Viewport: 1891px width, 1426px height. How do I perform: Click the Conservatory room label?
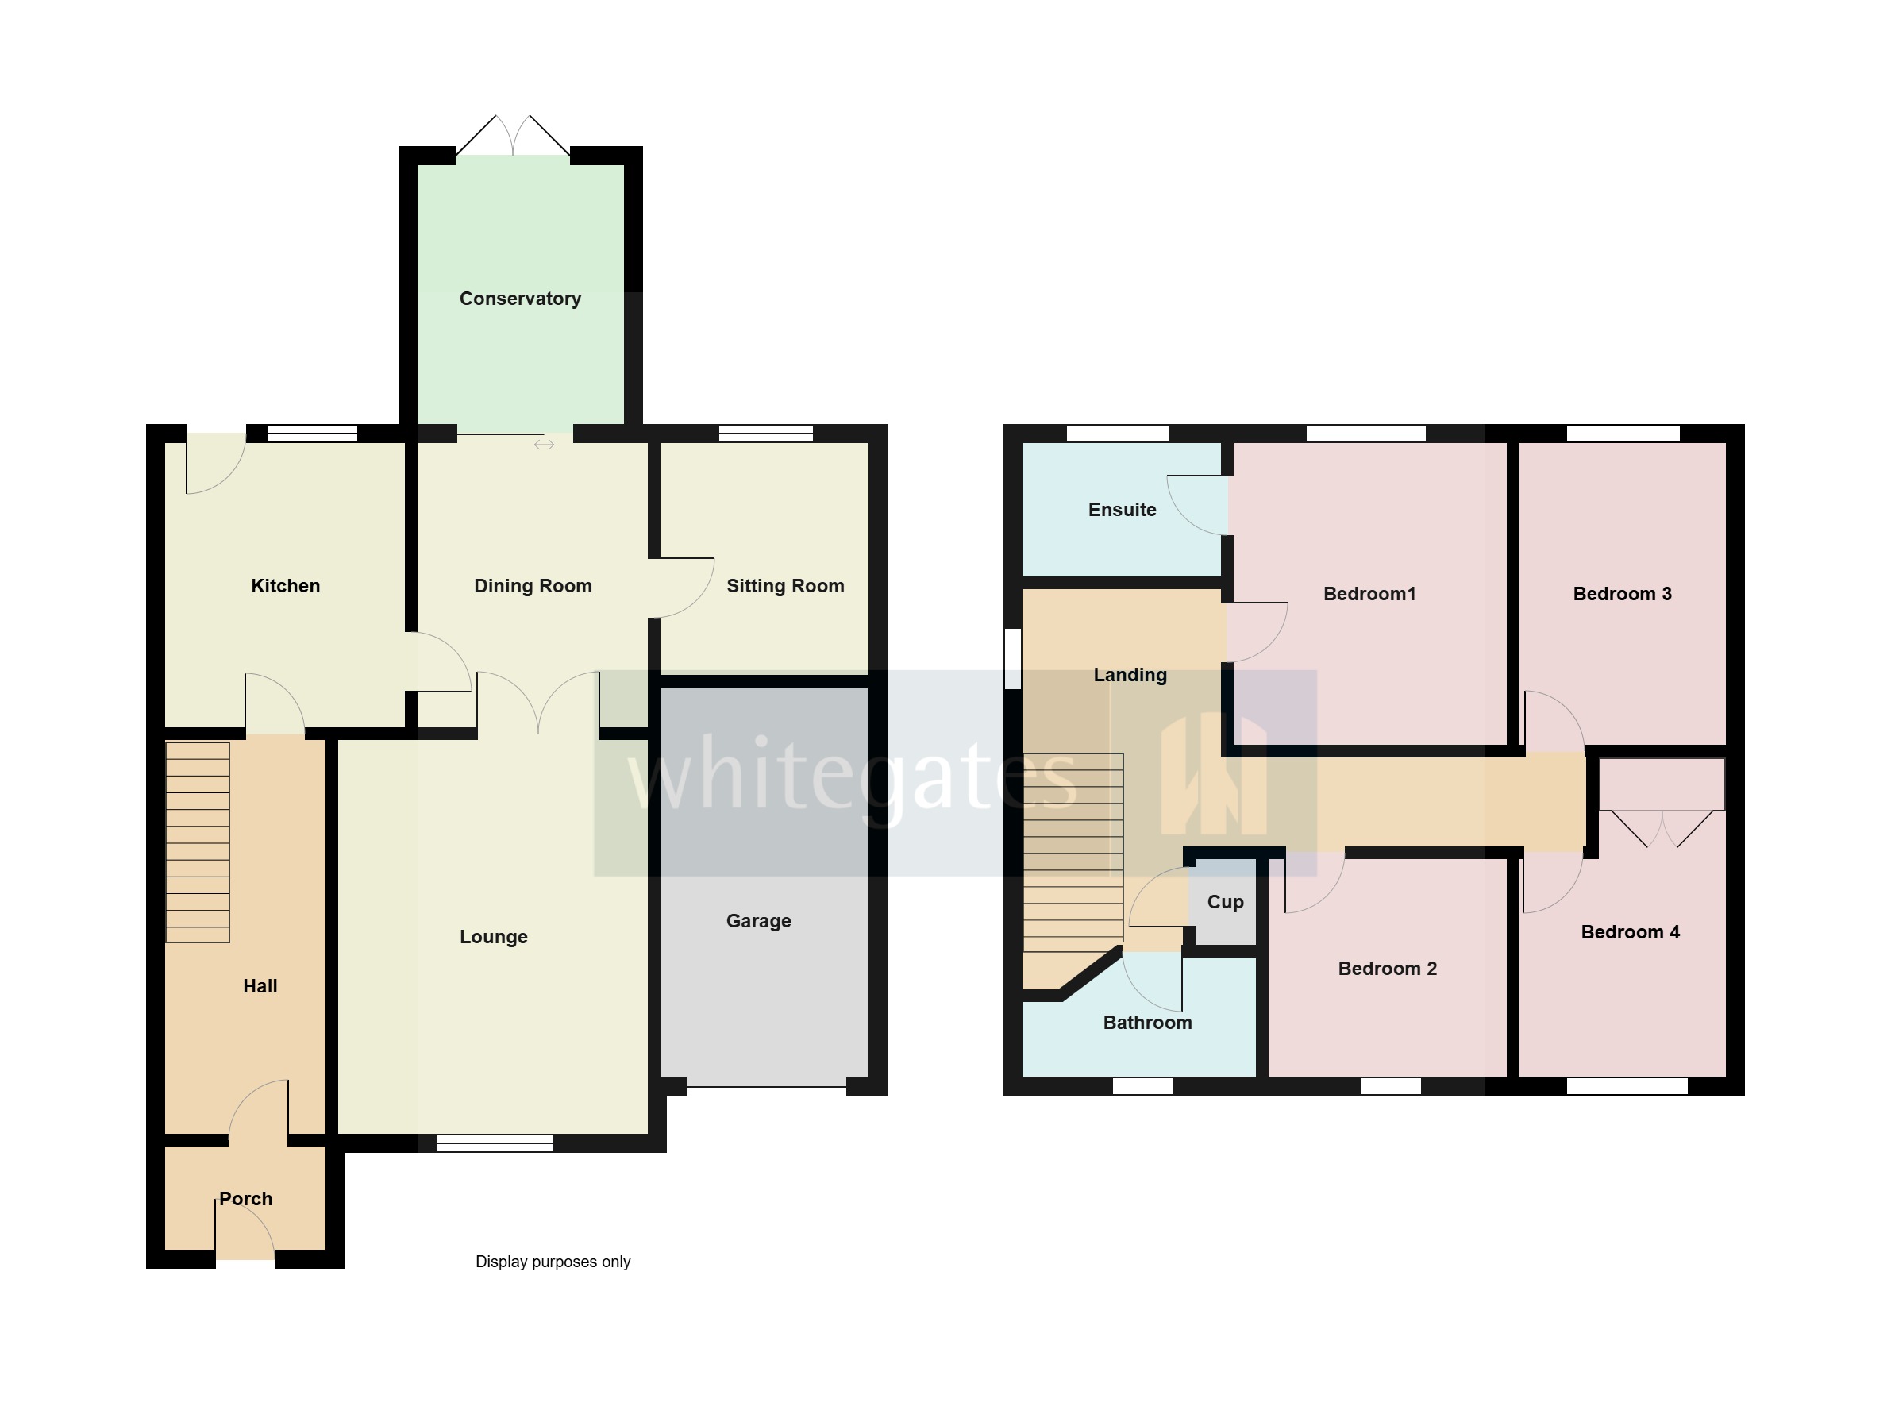[520, 299]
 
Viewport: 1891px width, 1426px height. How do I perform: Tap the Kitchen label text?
[286, 586]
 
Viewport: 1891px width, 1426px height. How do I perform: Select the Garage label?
[758, 921]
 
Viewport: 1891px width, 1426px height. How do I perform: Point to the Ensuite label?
[1122, 510]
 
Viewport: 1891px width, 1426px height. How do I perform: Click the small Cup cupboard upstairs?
[1225, 903]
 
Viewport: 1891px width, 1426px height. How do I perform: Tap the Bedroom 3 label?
[1622, 593]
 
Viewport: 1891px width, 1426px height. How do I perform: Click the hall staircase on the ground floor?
[198, 842]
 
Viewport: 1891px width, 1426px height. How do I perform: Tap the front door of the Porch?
[245, 1239]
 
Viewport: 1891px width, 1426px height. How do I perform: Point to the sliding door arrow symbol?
[544, 445]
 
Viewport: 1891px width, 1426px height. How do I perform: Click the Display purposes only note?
[553, 1262]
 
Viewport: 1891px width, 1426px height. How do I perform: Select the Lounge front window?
[494, 1143]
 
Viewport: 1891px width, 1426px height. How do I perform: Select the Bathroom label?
[1147, 1023]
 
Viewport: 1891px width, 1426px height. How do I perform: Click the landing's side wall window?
[1012, 658]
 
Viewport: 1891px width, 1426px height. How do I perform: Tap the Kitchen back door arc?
[216, 464]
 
